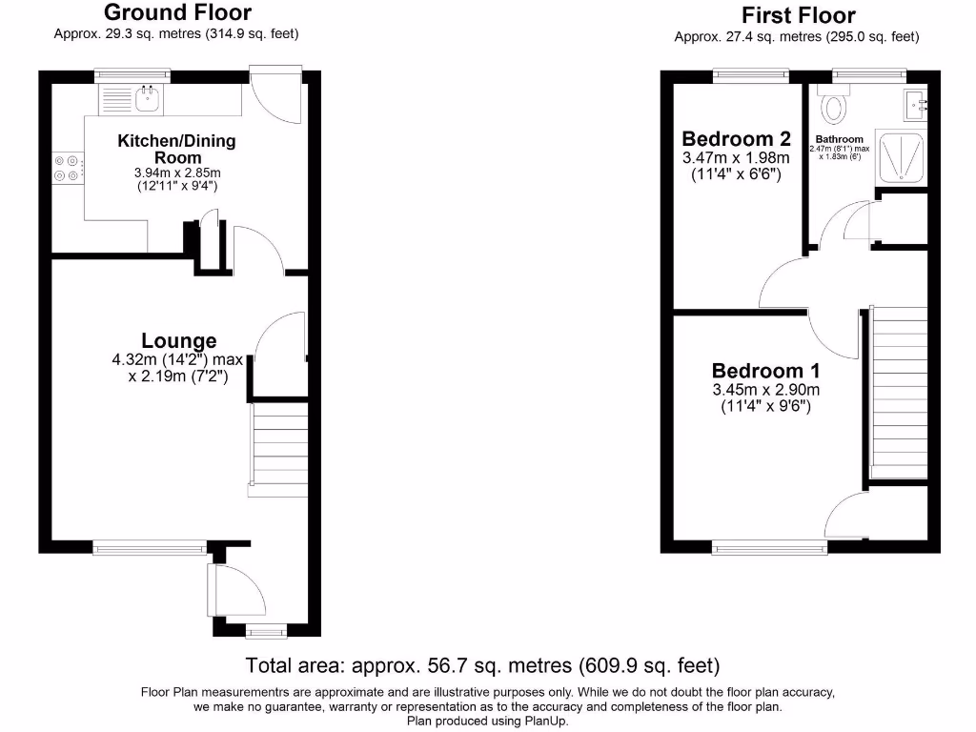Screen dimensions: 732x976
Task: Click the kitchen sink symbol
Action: click(147, 96)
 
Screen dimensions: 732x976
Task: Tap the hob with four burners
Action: click(68, 168)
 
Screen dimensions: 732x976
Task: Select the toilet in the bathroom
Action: click(835, 108)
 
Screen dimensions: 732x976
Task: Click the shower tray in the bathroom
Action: click(898, 156)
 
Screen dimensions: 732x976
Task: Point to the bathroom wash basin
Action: click(916, 102)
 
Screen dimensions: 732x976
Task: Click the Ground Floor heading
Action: click(177, 12)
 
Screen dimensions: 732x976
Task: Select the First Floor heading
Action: click(798, 15)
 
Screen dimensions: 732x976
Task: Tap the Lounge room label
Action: click(178, 340)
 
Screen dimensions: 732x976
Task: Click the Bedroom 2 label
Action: click(737, 138)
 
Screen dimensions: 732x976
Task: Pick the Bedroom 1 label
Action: click(765, 371)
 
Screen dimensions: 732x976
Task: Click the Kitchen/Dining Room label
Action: click(176, 149)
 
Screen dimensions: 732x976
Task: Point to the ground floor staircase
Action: click(279, 443)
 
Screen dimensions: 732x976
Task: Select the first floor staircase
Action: click(899, 392)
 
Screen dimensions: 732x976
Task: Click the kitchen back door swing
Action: click(276, 99)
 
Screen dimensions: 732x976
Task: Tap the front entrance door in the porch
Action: click(238, 590)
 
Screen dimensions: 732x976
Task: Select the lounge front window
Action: click(150, 547)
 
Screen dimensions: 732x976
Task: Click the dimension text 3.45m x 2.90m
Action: click(765, 389)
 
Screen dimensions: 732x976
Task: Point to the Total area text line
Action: click(482, 664)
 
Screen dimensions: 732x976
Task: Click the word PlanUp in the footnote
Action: click(547, 721)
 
